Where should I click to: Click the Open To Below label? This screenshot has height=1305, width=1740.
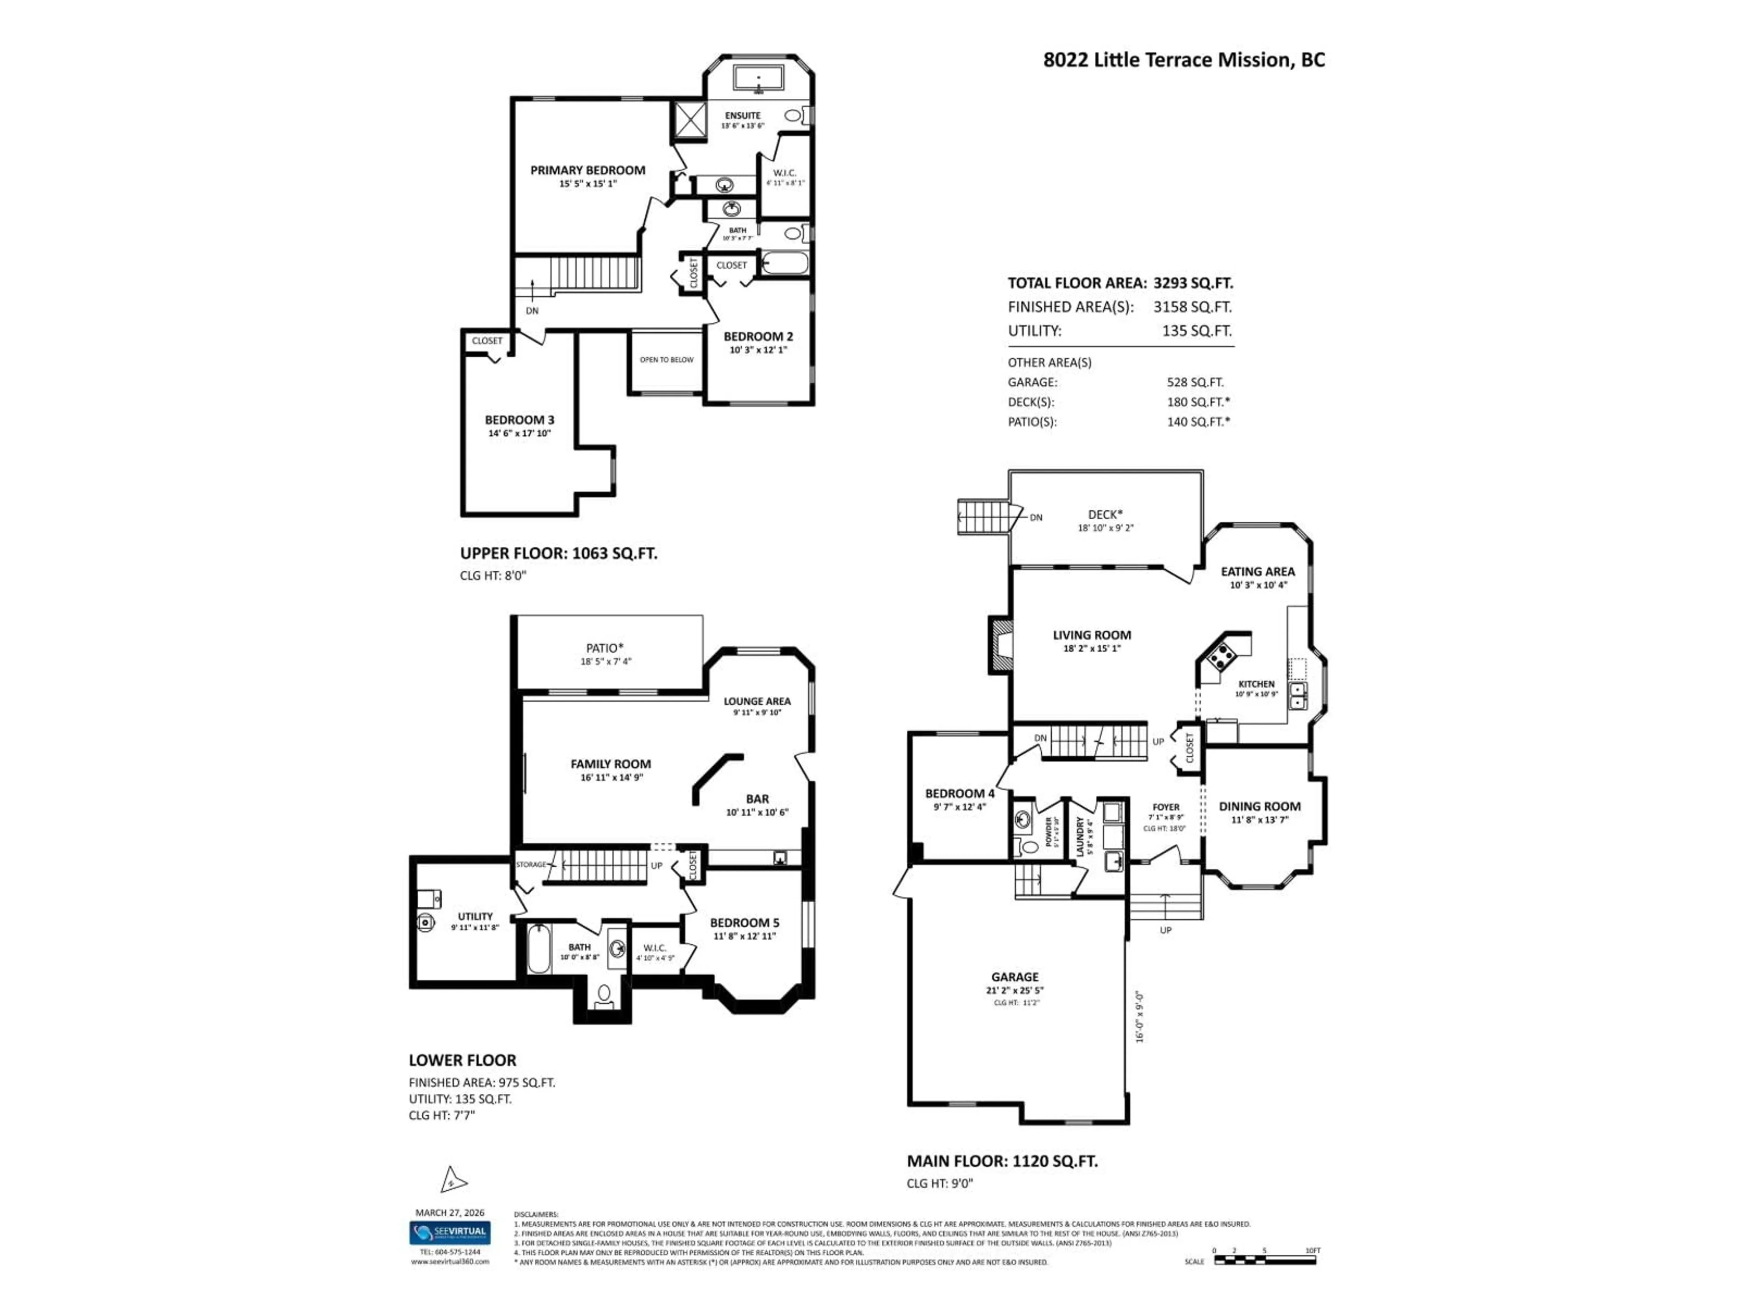tap(666, 359)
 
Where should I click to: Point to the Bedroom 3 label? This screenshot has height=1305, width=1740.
tap(519, 420)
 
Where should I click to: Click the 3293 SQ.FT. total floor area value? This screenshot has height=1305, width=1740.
tap(1193, 283)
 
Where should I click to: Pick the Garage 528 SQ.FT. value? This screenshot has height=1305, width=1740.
tap(1195, 382)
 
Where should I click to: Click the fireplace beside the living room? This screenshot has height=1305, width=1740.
tap(1000, 643)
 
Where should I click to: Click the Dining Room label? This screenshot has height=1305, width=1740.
tap(1259, 806)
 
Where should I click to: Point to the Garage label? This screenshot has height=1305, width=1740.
tap(1014, 977)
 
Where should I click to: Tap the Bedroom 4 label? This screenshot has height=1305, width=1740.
tap(959, 794)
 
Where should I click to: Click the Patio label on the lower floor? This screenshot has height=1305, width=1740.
tap(604, 648)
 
